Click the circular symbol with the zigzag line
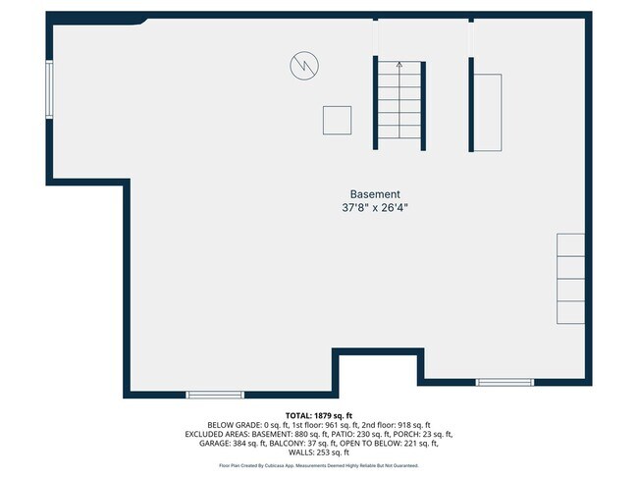pyautogui.click(x=304, y=66)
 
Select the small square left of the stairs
pyautogui.click(x=338, y=120)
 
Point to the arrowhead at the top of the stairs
pyautogui.click(x=399, y=65)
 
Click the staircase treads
pyautogui.click(x=399, y=103)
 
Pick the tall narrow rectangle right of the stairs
pyautogui.click(x=488, y=112)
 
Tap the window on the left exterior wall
pyautogui.click(x=49, y=90)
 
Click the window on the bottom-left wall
pyautogui.click(x=215, y=395)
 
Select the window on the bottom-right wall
pyautogui.click(x=505, y=382)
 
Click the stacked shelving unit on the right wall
pyautogui.click(x=571, y=279)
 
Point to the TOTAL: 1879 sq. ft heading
pyautogui.click(x=319, y=415)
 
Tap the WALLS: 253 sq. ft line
pyautogui.click(x=319, y=452)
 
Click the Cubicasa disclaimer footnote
pyautogui.click(x=319, y=465)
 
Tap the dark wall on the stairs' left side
pyautogui.click(x=375, y=103)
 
